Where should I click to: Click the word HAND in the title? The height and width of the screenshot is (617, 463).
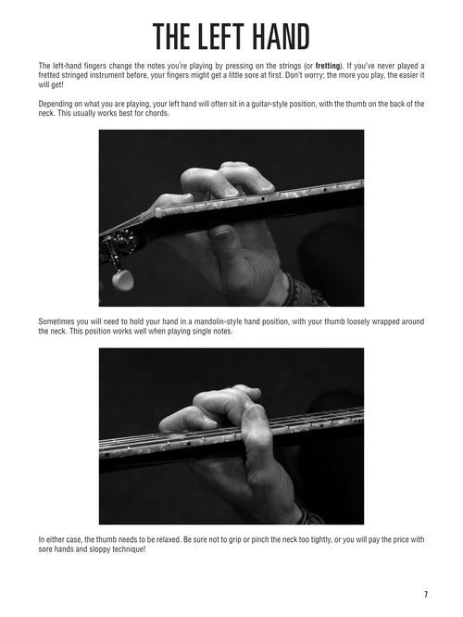[281, 37]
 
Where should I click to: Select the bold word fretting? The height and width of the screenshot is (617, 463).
[327, 66]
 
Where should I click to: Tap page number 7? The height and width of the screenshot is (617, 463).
[426, 595]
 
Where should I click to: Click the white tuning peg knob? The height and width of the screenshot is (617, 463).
[122, 280]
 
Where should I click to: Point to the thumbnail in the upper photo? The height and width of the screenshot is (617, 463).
[221, 235]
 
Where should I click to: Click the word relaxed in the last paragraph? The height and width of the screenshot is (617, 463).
[169, 539]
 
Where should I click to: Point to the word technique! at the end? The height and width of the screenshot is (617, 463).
[130, 549]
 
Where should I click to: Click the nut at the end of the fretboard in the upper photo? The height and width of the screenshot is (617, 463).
[158, 213]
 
